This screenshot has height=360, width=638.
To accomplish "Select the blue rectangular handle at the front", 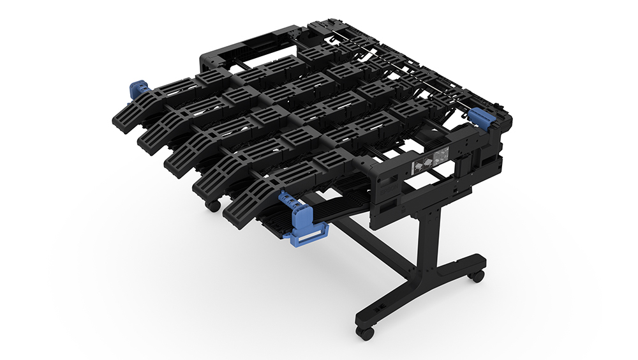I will pos(306,236).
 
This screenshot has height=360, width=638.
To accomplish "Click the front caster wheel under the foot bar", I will pos(364,333).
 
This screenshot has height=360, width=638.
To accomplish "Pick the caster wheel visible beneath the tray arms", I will pos(212,206).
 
